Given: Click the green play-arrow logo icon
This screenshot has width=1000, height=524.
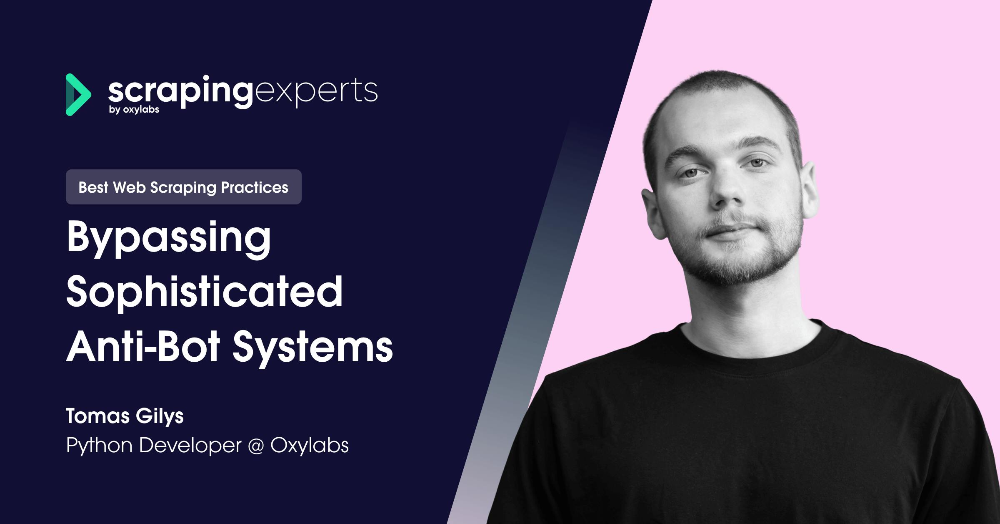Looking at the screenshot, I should (78, 95).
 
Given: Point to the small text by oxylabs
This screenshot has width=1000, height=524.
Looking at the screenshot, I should (134, 110).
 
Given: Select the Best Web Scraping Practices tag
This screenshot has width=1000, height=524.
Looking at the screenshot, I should (183, 187).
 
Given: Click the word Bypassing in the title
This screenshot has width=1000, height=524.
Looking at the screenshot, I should (169, 238).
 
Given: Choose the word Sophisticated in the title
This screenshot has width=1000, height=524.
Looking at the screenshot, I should (204, 292).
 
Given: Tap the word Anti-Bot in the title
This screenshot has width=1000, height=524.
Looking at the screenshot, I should (143, 346).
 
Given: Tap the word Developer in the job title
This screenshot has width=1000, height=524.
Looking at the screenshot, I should (190, 446).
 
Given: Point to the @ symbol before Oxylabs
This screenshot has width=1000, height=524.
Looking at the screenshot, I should (256, 446).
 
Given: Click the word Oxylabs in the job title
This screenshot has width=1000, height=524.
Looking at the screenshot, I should (310, 445).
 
